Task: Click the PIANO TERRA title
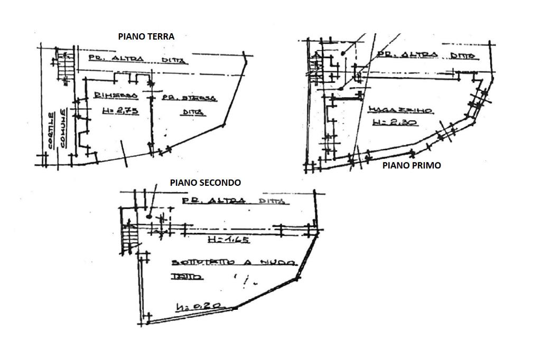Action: [146, 36]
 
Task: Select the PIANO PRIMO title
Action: [411, 165]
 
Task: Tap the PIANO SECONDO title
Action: [205, 183]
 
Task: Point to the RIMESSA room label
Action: [116, 96]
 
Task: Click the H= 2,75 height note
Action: [116, 111]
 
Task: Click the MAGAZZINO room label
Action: [401, 110]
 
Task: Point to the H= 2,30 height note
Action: [395, 122]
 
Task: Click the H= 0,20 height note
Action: [198, 306]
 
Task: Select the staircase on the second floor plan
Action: [129, 238]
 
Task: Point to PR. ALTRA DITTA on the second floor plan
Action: [233, 201]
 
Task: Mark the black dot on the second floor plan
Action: [150, 216]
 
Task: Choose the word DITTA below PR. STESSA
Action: [194, 112]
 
